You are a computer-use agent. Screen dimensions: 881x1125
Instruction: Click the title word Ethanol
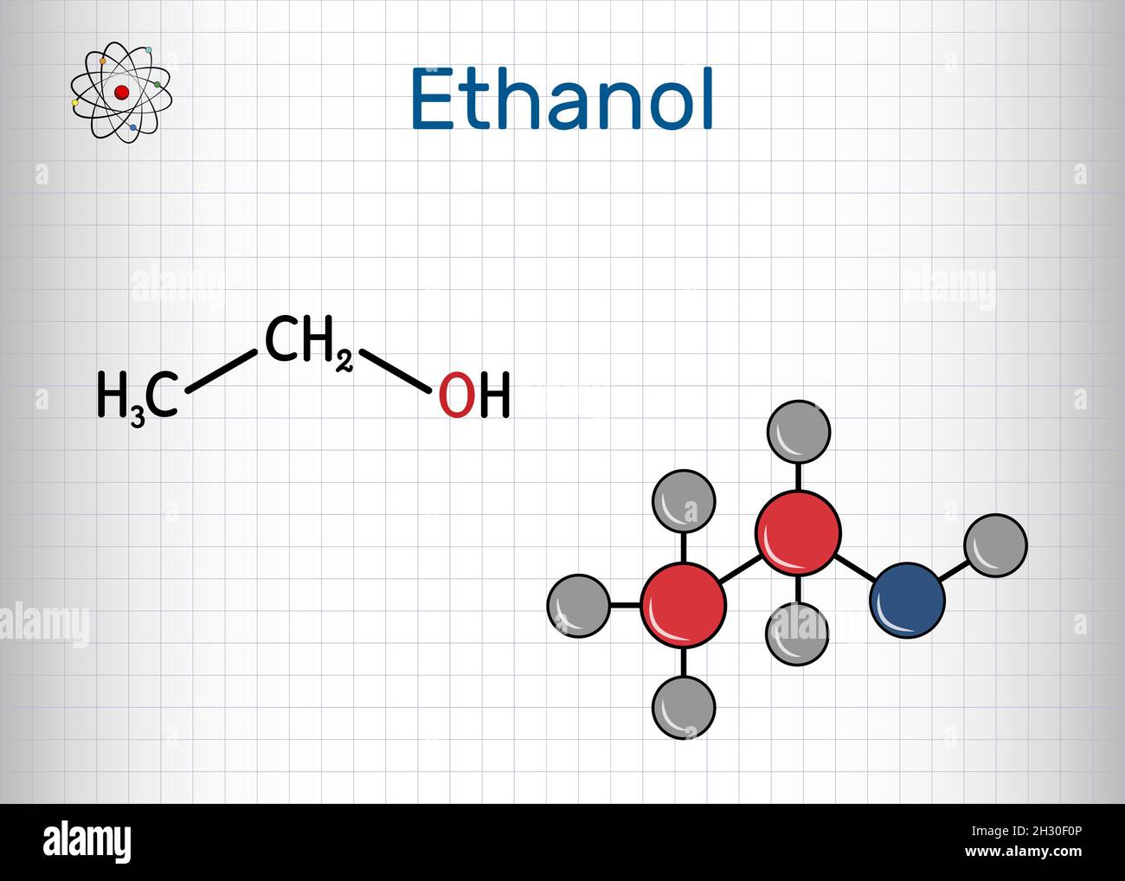point(562,99)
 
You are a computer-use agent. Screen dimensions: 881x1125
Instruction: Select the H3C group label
point(138,397)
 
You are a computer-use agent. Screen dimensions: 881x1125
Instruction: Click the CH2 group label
point(308,343)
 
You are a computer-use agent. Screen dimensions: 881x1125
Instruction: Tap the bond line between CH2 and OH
point(395,371)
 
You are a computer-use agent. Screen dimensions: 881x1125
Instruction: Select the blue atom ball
point(906,600)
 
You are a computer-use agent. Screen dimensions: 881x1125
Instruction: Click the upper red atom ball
point(798,533)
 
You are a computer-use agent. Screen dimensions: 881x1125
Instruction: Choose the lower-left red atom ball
point(684,605)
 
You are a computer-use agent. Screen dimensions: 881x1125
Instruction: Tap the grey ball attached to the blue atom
point(995,545)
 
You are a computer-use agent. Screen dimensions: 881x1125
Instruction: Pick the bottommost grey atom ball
point(684,707)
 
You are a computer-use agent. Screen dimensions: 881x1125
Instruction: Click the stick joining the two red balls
point(741,569)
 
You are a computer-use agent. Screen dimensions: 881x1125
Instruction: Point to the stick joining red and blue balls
point(854,568)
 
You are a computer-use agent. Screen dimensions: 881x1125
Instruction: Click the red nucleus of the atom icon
point(121,92)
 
